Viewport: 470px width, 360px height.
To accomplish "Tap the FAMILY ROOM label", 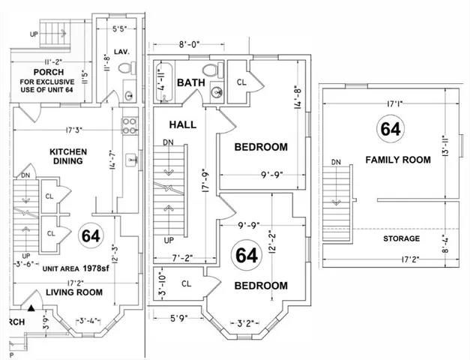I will [x=397, y=160].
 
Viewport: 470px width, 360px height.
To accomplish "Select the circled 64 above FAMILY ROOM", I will [x=390, y=128].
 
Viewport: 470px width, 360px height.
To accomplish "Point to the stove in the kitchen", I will [x=128, y=122].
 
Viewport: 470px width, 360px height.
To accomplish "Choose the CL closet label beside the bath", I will [x=242, y=82].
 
